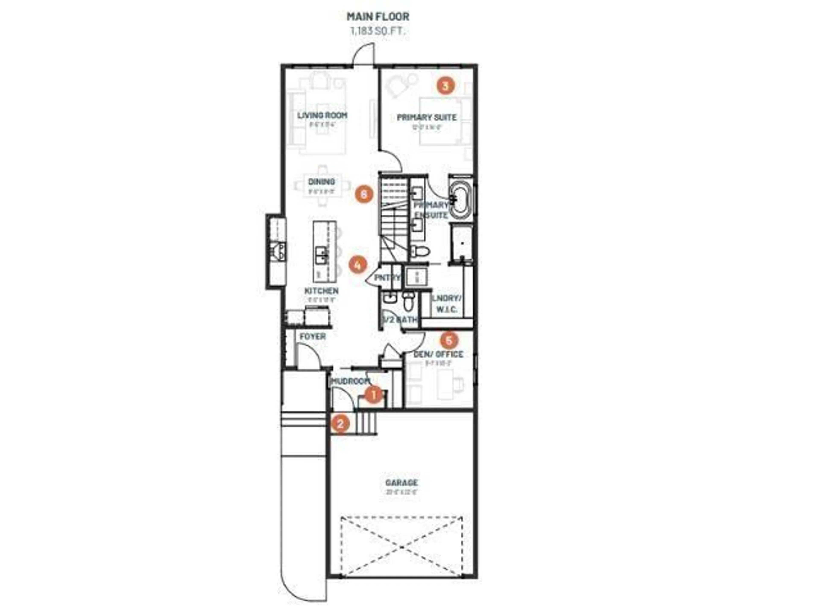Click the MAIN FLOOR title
click(378, 17)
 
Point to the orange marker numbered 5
click(449, 340)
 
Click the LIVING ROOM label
click(322, 115)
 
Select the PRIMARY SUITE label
click(427, 117)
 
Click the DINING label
click(321, 182)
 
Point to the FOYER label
click(312, 337)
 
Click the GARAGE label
click(401, 483)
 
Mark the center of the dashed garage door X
click(401, 547)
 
